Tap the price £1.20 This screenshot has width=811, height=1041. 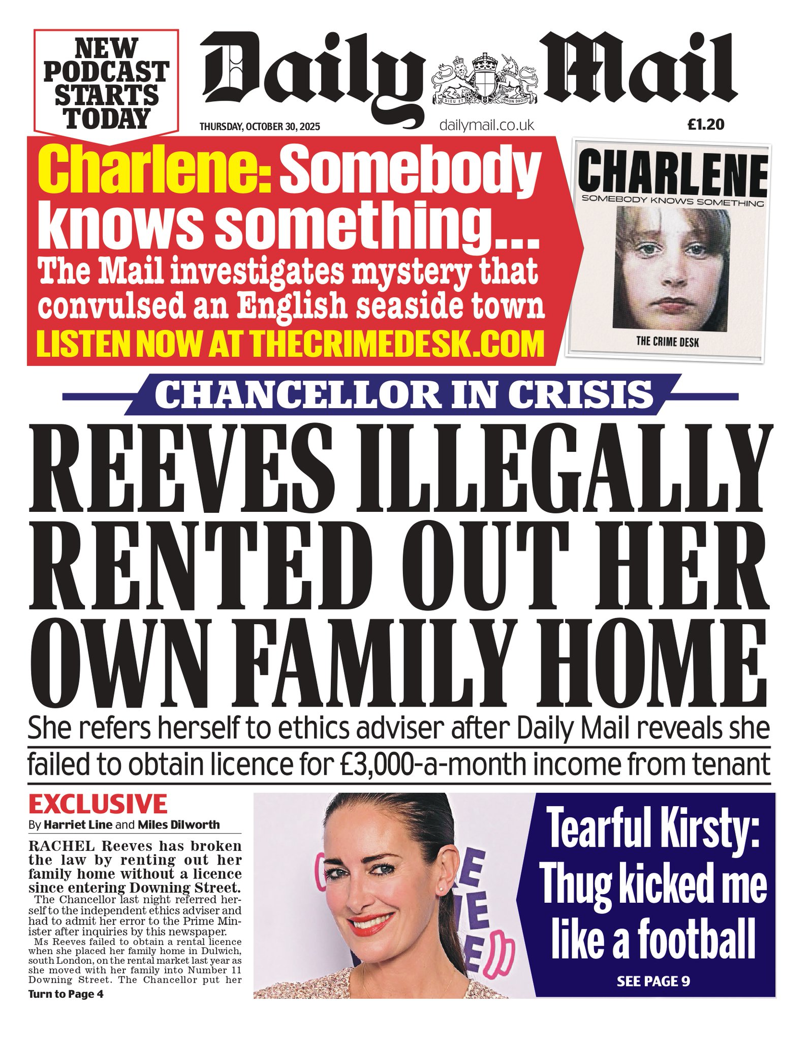point(705,125)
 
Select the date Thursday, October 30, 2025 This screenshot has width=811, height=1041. point(260,127)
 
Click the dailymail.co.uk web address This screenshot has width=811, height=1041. point(486,125)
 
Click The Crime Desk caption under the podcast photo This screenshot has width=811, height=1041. point(667,342)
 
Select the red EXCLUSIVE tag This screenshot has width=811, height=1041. point(98,804)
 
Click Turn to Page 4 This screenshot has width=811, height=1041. point(66,994)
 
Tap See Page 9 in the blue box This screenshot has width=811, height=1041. point(653,981)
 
